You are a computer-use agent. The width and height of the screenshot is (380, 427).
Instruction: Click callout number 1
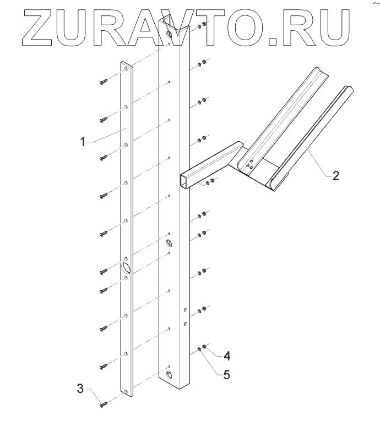point(82,141)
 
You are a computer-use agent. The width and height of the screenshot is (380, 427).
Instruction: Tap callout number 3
point(80,390)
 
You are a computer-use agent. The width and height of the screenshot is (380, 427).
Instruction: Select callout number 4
point(227,356)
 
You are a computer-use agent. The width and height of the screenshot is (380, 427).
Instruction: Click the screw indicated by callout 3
point(103,406)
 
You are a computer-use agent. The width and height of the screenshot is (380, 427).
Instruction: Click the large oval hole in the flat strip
point(126,268)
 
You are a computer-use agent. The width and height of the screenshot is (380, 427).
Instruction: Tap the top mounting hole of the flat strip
point(126,70)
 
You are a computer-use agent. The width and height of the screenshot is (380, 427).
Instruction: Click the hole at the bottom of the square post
point(169,375)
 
